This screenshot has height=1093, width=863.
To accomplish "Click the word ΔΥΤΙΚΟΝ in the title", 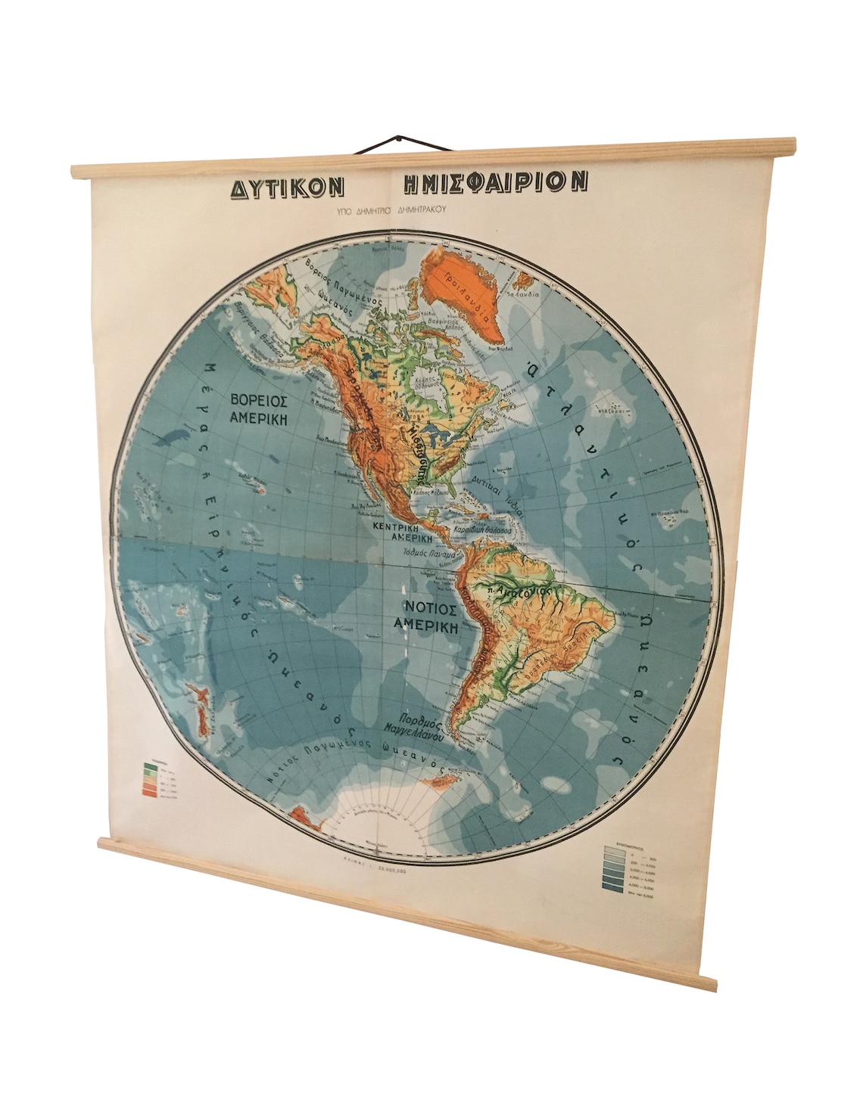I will (x=287, y=186).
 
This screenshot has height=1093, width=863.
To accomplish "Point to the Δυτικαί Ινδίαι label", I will (x=496, y=485).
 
